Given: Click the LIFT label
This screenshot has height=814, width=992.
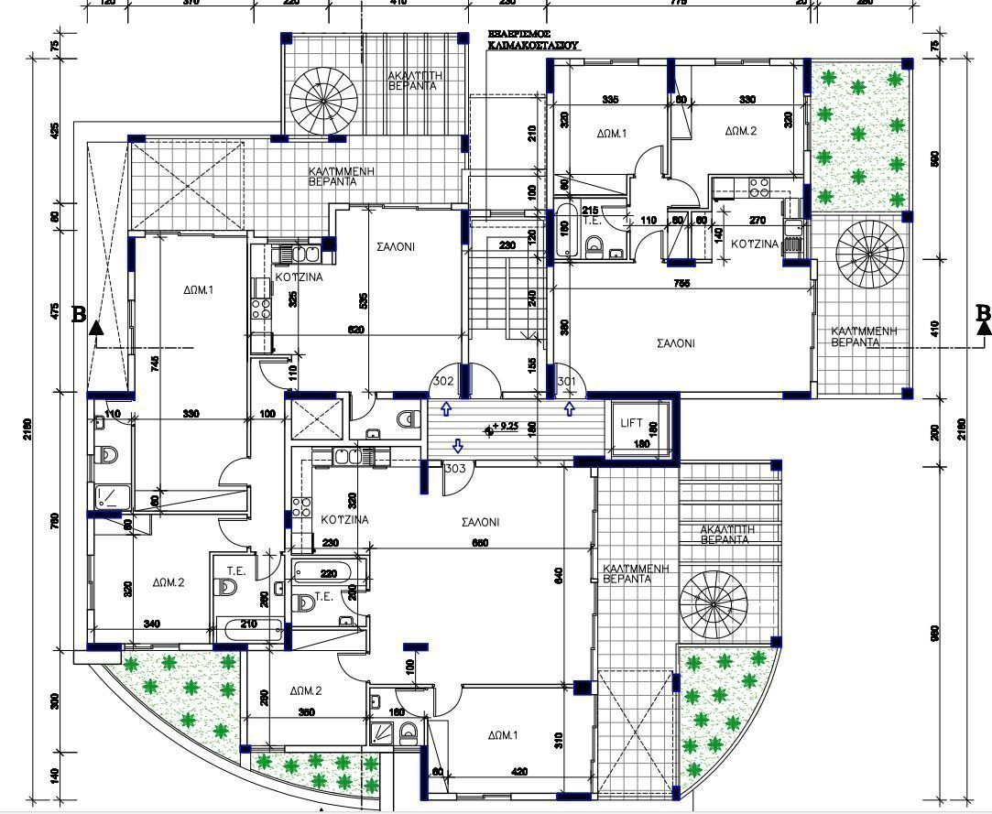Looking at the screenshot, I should click(x=632, y=423).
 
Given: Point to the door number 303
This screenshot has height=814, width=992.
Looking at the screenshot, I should click(x=454, y=469).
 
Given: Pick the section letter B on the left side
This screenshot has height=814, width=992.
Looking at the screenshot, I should click(x=79, y=315).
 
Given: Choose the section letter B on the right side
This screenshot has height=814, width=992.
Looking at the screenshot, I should click(x=983, y=313).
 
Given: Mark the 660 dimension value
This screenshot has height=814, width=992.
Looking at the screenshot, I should click(x=480, y=544).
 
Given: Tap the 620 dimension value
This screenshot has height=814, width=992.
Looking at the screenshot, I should click(x=356, y=330).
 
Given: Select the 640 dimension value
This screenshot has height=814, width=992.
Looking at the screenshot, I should click(x=559, y=576).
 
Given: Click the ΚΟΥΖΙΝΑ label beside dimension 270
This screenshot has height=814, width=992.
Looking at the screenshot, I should click(x=755, y=244).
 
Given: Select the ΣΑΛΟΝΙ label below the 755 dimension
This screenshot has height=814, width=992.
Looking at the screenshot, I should click(x=676, y=344).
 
